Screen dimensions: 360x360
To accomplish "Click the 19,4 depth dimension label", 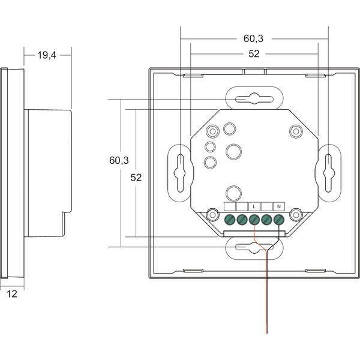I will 47,55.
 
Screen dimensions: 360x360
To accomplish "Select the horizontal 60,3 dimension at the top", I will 253,38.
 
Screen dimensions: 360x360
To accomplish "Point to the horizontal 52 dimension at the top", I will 253,54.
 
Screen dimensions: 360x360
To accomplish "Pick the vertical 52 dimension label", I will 138,178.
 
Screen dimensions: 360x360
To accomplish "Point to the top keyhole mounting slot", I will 253,98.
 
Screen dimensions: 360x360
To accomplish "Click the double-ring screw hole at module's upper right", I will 295,131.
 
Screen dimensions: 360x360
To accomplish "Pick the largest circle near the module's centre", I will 233,152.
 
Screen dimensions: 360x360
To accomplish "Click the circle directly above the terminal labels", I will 233,193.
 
